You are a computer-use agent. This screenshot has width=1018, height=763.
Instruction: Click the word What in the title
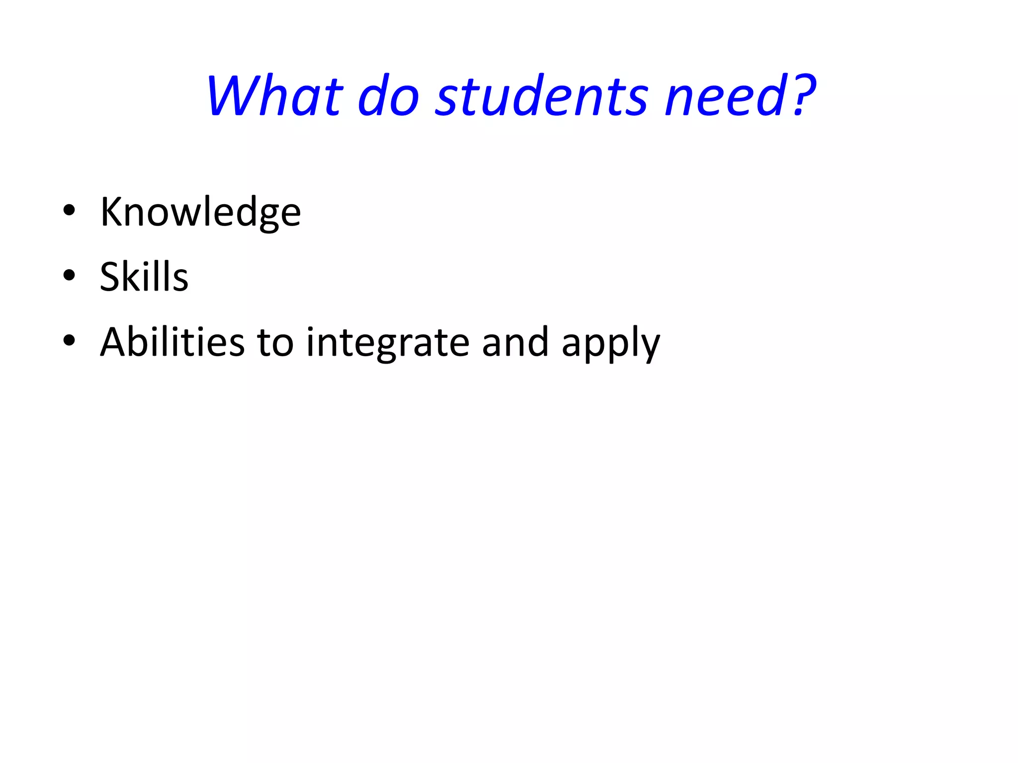coord(275,95)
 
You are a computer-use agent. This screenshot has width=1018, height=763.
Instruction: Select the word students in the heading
coord(542,95)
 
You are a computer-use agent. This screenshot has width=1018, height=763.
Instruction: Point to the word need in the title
coord(726,95)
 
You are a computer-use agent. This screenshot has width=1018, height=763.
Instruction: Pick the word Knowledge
coord(200,212)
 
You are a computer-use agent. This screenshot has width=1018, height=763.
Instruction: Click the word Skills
coord(144,277)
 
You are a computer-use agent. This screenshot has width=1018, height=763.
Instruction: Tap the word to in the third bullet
coord(275,343)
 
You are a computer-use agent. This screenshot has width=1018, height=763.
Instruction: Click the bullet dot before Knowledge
coord(69,210)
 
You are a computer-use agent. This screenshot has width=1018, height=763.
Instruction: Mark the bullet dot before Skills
coord(69,275)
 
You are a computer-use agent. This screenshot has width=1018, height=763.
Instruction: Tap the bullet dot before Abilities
coord(69,340)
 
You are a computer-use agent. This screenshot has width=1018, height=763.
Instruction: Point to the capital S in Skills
coord(111,277)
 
